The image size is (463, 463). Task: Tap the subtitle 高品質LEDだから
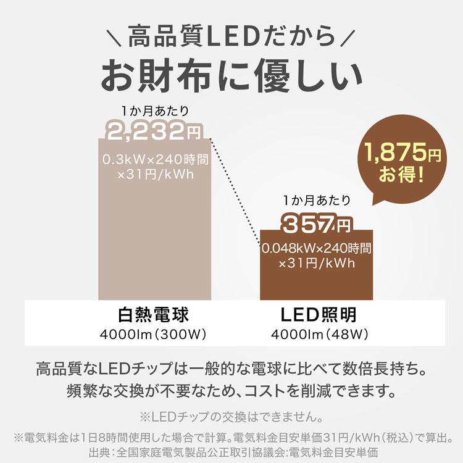pyautogui.click(x=231, y=38)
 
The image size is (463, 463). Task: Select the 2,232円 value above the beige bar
pyautogui.click(x=153, y=130)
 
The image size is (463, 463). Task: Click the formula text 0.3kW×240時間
pyautogui.click(x=155, y=159)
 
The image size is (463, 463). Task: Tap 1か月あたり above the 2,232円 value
pyautogui.click(x=154, y=111)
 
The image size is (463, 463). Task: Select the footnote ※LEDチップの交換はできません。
pyautogui.click(x=231, y=415)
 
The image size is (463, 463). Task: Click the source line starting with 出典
pyautogui.click(x=231, y=451)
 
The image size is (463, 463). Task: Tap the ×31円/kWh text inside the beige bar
pyautogui.click(x=155, y=175)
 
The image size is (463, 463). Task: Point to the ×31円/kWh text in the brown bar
pyautogui.click(x=316, y=264)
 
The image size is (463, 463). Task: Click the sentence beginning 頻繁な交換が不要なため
pyautogui.click(x=231, y=391)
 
